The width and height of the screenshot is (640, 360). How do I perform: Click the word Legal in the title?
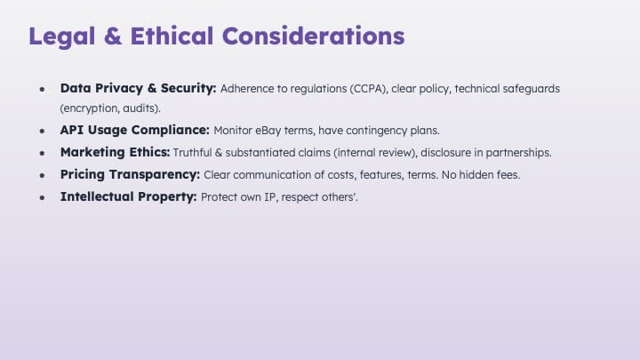tap(61, 36)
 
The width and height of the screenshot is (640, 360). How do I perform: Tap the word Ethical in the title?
tap(172, 36)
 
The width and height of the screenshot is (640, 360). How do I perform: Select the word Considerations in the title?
tap(314, 36)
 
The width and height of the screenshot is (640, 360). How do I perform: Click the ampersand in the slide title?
tap(113, 36)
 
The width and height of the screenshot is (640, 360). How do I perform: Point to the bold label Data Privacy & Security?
tap(138, 88)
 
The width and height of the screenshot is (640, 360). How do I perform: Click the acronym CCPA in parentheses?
tap(368, 89)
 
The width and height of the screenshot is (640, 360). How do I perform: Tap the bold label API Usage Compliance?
tap(135, 130)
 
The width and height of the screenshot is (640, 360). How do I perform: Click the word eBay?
tap(268, 131)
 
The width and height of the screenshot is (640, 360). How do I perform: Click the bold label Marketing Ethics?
tap(115, 152)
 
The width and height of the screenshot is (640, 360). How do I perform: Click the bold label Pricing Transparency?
tap(130, 174)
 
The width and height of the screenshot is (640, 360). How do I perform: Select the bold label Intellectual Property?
tap(129, 196)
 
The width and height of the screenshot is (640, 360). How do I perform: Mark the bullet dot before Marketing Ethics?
tap(42, 153)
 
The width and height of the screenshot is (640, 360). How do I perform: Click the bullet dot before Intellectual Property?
tap(42, 197)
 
